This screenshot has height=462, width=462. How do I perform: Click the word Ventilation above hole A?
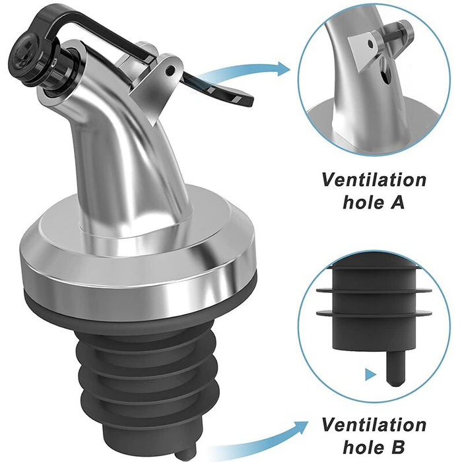click(374, 180)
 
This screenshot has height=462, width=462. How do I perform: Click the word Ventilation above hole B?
click(374, 424)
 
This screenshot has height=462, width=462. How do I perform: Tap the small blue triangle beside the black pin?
click(371, 375)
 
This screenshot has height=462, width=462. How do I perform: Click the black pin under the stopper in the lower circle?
click(394, 368)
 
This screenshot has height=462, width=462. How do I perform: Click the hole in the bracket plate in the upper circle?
click(370, 44)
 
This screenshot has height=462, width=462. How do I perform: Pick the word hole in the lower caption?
click(364, 447)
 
